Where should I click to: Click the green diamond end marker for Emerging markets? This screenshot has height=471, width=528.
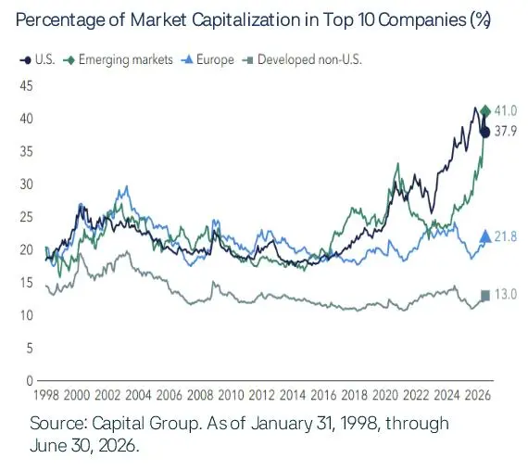pos(485,110)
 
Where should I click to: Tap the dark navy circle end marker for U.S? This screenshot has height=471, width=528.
pos(485,132)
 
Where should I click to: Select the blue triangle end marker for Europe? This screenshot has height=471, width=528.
pos(485,236)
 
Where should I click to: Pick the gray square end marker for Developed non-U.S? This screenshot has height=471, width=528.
pos(485,296)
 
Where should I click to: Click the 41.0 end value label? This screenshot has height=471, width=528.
pos(506,110)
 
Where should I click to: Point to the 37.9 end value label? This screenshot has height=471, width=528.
pos(506,131)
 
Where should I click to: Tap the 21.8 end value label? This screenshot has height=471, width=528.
pos(506,236)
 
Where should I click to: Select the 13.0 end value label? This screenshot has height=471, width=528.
pos(506,295)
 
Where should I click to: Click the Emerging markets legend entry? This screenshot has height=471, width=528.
pos(118,60)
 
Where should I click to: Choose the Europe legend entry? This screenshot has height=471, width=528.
pos(207,60)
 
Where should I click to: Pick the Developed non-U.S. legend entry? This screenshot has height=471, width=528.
pos(302,60)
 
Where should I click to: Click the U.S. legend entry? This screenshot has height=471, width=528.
pos(37,60)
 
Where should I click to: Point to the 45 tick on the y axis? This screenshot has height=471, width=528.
pos(27,86)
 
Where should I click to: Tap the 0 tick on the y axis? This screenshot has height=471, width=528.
pos(30,381)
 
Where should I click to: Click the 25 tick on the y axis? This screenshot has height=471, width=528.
pos(27,217)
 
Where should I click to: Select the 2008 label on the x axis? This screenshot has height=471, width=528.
pos(200,395)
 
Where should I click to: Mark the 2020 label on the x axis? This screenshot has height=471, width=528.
pos(385,395)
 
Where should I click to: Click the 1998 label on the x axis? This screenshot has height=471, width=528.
pos(46,395)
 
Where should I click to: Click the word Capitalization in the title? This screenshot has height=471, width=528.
pos(246,20)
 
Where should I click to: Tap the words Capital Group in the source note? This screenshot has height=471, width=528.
pos(145,424)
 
